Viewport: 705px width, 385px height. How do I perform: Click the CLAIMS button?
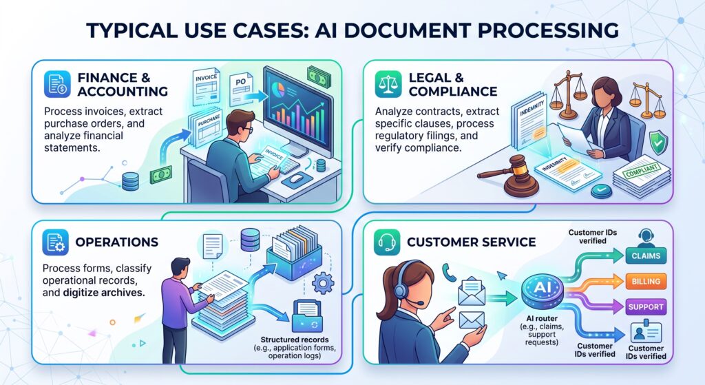(646, 256)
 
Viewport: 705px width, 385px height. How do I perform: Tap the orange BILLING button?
(646, 281)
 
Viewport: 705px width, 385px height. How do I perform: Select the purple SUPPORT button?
(646, 306)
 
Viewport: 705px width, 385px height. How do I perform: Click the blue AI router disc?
(543, 290)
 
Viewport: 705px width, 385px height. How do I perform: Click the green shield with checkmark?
(658, 142)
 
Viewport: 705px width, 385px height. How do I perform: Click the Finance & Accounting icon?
(57, 83)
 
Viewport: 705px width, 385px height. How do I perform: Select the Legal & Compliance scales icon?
(388, 84)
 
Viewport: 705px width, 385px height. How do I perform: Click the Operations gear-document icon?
(55, 242)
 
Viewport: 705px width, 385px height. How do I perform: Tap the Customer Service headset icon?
(387, 242)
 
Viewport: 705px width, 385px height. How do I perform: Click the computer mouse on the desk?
(296, 178)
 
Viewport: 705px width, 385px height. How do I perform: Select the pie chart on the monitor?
(279, 89)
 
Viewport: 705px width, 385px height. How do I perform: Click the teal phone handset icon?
(449, 272)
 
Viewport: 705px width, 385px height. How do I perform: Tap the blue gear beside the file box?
(323, 283)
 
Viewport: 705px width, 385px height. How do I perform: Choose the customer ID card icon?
(646, 333)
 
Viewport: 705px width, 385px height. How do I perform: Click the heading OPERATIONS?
(117, 242)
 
